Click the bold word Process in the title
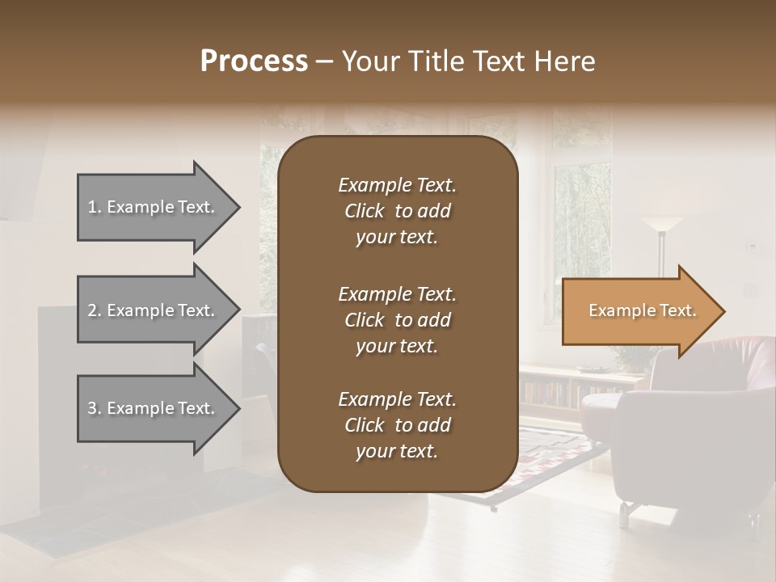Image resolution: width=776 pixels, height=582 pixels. pos(254,61)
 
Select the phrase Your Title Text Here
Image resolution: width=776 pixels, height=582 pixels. pos(468,61)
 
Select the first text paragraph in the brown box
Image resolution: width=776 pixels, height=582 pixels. pos(397,211)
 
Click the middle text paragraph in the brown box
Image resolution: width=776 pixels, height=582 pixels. pos(397,319)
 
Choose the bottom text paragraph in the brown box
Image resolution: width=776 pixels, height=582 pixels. pos(397,425)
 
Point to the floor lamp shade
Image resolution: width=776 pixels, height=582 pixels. pos(662,224)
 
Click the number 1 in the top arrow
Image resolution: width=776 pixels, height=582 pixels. pos(92,207)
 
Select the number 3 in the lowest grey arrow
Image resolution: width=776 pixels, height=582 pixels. pos(92,408)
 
